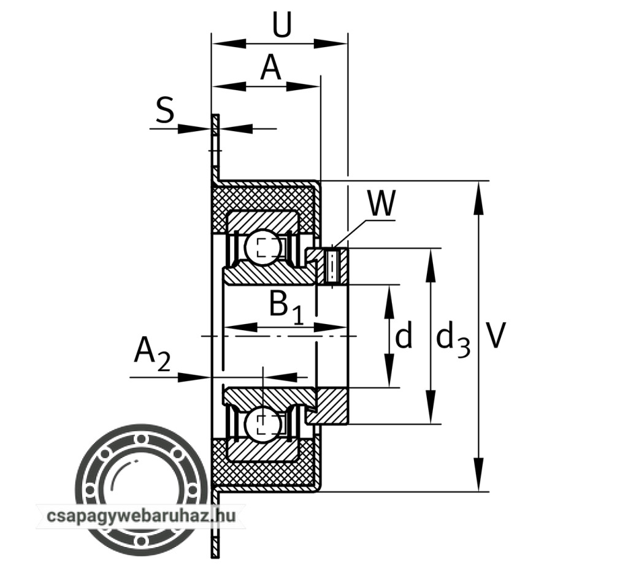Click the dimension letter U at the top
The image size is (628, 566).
pos(281,26)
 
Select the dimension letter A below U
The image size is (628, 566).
pos(270,67)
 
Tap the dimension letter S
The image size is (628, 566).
pos(164,111)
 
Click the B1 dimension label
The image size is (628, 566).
pos(285,306)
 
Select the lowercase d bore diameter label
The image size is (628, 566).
pos(403,336)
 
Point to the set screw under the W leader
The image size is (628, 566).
pos(332,265)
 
